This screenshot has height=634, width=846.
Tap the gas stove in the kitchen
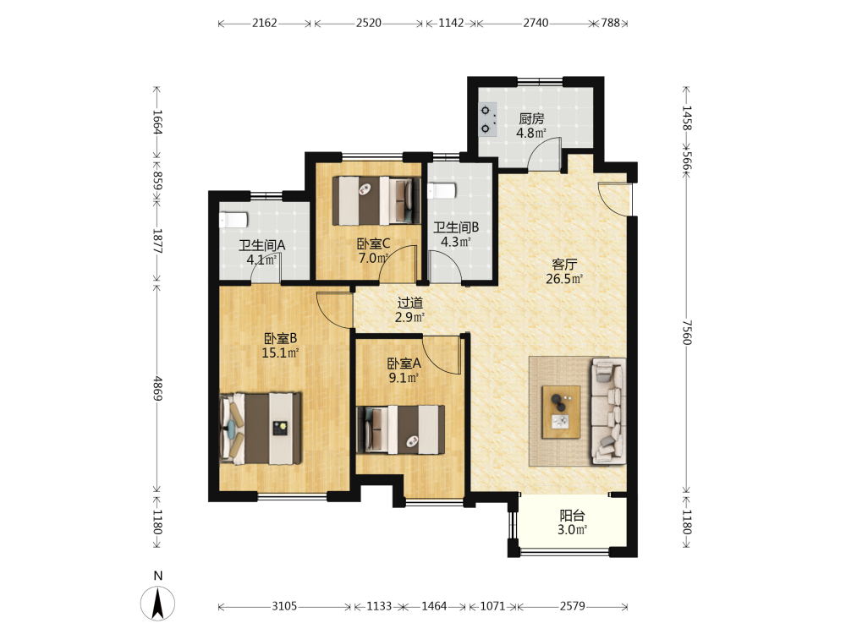coord(488,119)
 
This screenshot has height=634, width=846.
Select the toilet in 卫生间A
coord(233,220)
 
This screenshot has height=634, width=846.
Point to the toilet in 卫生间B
coord(442,191)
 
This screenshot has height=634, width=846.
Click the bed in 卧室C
coord(376,200)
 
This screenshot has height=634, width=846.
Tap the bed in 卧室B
coord(261,428)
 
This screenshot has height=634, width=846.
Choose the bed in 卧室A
coord(401,429)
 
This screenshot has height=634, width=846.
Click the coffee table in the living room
coord(561,412)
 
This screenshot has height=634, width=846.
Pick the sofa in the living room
coord(609,411)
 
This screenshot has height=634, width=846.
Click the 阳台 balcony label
coord(572,516)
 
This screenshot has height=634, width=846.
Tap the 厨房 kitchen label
coord(531,118)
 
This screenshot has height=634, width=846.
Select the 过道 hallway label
coord(410,303)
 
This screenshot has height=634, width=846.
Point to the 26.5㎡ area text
coord(564,279)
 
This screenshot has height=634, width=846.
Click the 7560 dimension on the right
coord(686,332)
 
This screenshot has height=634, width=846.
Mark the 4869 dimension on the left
coord(157,388)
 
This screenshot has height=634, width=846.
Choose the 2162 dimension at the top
coord(264,23)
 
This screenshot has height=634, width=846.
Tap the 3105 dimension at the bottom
coord(284,606)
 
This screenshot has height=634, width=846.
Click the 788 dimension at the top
coord(611,23)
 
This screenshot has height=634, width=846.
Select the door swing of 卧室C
coord(398,263)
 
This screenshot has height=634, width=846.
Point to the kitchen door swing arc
coord(544,154)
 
